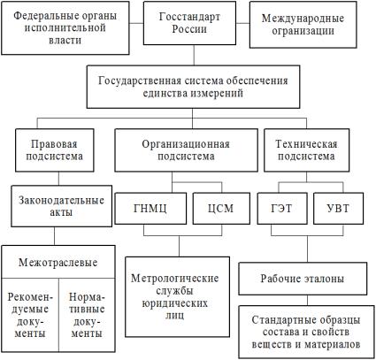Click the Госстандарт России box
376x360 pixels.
point(189,23)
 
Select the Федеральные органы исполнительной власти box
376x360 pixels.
point(65,27)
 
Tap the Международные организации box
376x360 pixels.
point(303,25)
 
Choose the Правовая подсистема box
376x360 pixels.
point(55,150)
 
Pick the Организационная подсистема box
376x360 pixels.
point(186,150)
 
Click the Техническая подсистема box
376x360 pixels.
point(306,150)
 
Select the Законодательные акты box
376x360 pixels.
point(62,206)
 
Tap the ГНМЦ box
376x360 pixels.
point(150,209)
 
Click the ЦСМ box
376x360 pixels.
point(221,209)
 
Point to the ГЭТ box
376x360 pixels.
point(282,209)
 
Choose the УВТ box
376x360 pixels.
point(338,209)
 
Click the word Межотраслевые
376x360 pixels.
point(58,263)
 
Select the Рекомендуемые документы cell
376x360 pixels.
point(30,315)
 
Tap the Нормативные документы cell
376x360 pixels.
point(87,315)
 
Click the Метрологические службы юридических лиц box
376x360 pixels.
point(178,296)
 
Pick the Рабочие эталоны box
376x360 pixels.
point(303,279)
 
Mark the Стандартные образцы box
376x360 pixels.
point(306,332)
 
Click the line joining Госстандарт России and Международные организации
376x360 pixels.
point(242,23)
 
